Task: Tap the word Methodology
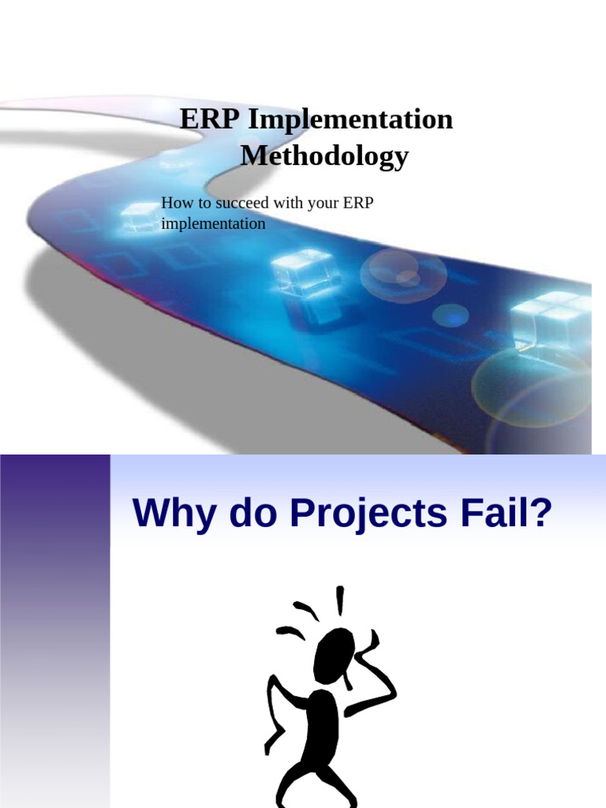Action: point(324,155)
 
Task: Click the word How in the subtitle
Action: point(174,204)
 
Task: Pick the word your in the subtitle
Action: point(319,204)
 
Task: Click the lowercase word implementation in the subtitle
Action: point(213,223)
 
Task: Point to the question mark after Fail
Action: point(539,514)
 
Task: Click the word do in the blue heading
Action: point(251,514)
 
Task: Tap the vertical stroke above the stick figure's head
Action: point(340,600)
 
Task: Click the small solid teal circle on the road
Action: point(451,316)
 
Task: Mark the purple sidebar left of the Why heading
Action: point(54,631)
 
